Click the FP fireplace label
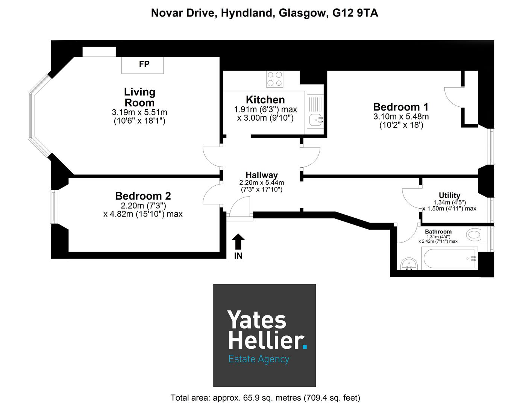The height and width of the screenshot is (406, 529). point(144,64)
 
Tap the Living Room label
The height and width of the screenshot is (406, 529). point(139,97)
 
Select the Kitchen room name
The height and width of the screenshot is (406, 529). point(265,100)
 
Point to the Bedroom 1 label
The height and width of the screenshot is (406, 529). point(401,107)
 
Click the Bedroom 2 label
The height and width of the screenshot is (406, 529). point(143,196)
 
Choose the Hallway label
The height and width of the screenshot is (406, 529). point(262,175)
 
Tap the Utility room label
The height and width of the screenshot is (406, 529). point(449,195)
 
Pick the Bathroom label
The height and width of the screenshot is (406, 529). point(438,232)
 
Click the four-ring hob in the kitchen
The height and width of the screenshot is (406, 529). point(274,79)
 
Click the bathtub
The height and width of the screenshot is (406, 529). point(450,259)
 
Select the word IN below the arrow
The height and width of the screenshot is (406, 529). point(238,256)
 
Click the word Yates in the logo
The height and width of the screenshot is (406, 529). point(257,320)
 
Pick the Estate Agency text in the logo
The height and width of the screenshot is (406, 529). point(259,359)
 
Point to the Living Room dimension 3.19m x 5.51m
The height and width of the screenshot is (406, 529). point(139,112)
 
